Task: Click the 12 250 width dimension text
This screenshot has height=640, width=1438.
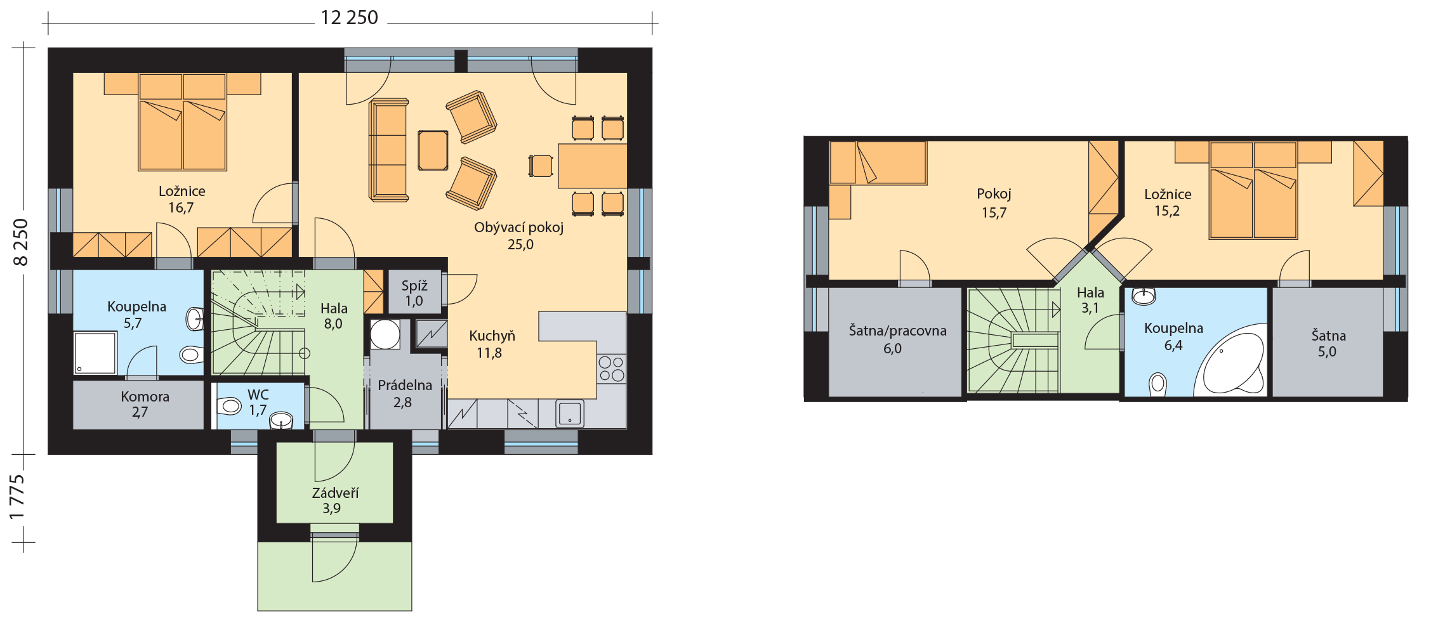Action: (x=350, y=17)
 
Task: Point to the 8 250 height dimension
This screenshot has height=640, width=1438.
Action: (x=21, y=242)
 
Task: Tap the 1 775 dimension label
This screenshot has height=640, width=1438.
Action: (x=17, y=497)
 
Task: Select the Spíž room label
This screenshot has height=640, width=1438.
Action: (x=414, y=286)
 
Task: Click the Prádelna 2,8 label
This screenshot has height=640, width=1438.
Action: (x=404, y=394)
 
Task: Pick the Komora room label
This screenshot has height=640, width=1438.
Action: (x=145, y=397)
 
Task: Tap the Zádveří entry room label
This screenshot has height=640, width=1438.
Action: (x=335, y=493)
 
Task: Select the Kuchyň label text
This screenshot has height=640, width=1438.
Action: (x=492, y=336)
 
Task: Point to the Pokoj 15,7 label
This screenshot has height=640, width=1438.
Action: (x=994, y=203)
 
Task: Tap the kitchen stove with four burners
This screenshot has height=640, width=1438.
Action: (x=612, y=369)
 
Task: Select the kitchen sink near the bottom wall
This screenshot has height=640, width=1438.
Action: (x=570, y=414)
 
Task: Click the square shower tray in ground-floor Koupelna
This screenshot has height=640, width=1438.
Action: (x=95, y=353)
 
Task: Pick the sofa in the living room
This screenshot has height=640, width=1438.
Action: (x=388, y=150)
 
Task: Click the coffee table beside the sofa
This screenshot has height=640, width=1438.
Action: (x=433, y=150)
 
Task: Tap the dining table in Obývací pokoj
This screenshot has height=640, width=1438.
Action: (x=593, y=166)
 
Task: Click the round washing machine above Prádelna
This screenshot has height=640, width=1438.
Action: (x=385, y=334)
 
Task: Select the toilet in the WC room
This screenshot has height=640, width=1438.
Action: (x=229, y=406)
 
